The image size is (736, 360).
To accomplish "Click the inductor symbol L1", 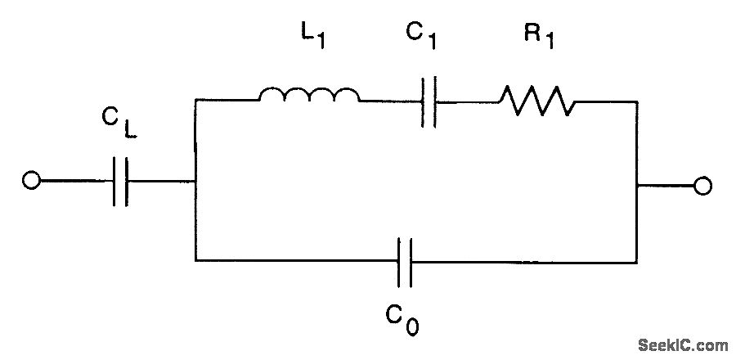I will [308, 96].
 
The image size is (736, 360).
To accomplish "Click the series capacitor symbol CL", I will [120, 182].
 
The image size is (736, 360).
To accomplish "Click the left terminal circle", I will [31, 182].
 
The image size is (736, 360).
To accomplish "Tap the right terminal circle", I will [702, 187].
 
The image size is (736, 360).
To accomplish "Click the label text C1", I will [420, 36].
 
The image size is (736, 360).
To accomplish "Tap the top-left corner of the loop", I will [195, 101].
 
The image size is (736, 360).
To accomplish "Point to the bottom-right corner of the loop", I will [636, 262].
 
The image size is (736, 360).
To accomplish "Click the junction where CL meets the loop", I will [195, 182].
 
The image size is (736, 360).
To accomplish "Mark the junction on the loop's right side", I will [636, 187].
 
